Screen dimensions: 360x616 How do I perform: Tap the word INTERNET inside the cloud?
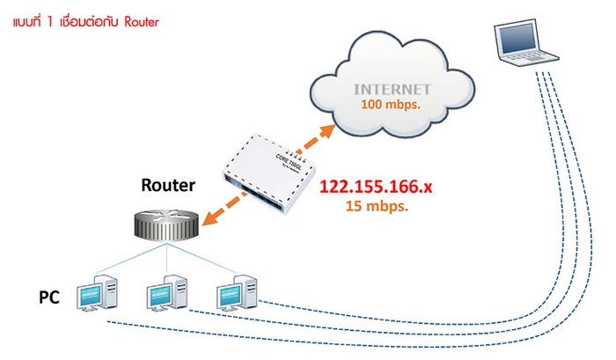[392, 90]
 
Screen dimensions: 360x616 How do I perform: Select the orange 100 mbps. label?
[392, 105]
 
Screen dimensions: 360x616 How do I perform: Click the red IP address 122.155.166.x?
[375, 187]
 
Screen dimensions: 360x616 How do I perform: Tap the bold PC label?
[49, 298]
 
